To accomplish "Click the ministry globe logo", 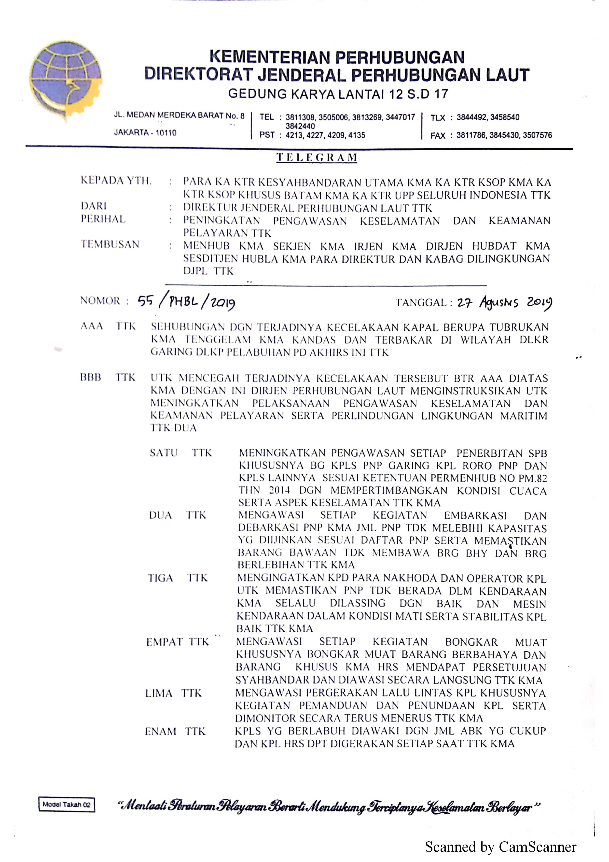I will click(66, 81).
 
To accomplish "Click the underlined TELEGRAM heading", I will click(317, 157).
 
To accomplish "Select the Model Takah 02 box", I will click(66, 804).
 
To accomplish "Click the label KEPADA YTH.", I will click(116, 181).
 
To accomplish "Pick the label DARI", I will click(94, 206).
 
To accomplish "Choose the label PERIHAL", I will click(103, 219).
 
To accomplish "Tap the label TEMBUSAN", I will click(110, 244).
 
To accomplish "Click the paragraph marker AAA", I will click(92, 326).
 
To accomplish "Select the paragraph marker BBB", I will click(91, 377).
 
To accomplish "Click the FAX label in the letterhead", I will click(438, 136).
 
